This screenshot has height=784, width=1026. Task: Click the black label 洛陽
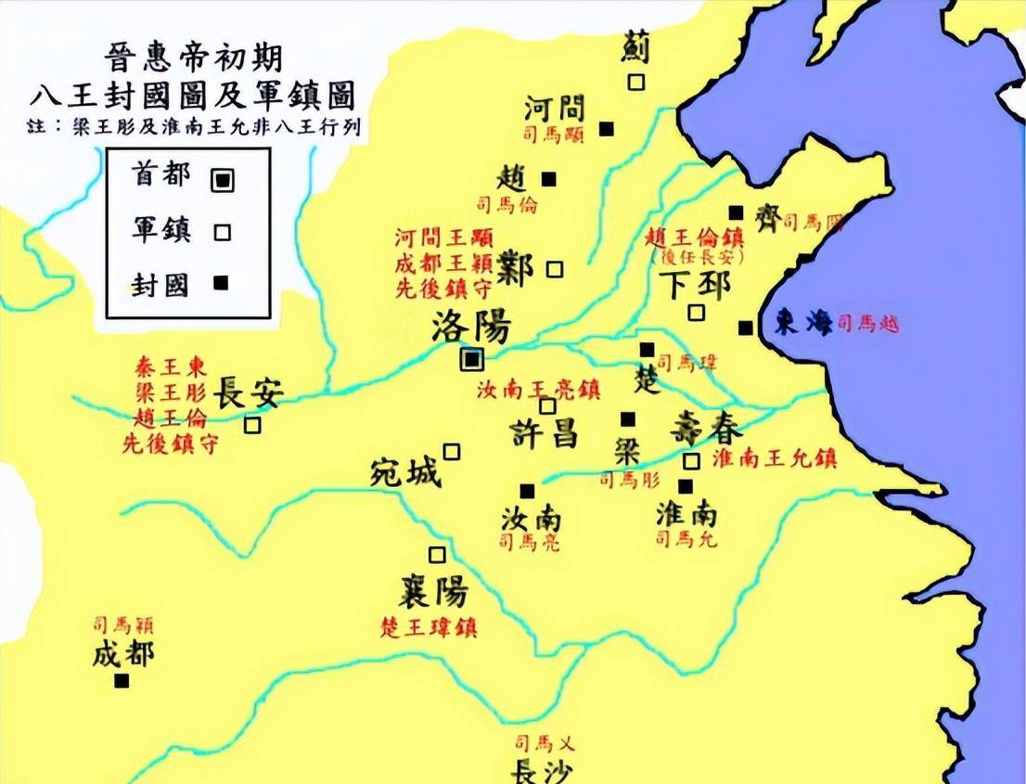click(471, 327)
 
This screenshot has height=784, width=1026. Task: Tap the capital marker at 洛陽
click(473, 359)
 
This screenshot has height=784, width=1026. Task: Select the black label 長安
click(248, 393)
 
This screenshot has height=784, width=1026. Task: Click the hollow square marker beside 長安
click(252, 425)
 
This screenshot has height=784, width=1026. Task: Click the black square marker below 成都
click(121, 681)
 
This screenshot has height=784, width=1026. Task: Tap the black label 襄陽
click(433, 591)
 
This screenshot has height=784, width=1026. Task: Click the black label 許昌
click(545, 433)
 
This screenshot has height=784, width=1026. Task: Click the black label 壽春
click(706, 431)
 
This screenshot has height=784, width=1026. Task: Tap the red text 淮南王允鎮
click(775, 458)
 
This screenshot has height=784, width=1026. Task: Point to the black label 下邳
click(696, 284)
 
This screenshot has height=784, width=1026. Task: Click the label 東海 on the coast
click(803, 324)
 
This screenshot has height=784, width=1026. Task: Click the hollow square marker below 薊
click(635, 82)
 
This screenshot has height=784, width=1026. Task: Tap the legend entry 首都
click(162, 174)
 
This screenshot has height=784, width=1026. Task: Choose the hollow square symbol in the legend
click(221, 232)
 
